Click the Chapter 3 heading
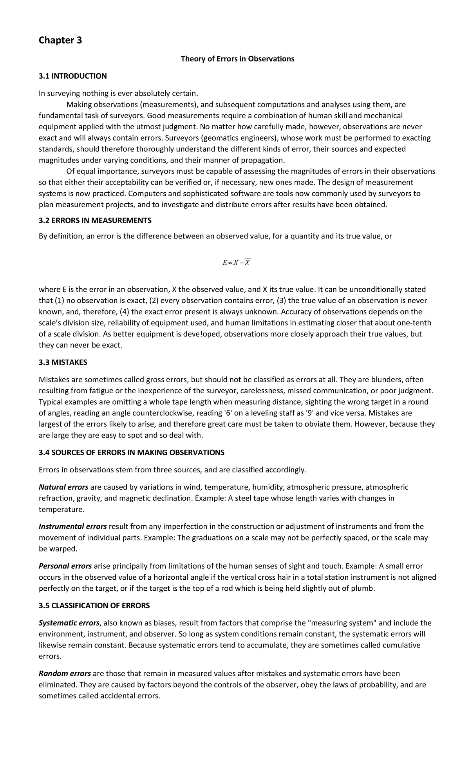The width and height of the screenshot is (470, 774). coord(60,40)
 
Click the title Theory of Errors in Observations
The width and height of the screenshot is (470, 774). coord(237,59)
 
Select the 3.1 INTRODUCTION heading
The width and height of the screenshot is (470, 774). coord(72,76)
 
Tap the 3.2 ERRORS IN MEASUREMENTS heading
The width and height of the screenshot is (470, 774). coord(95,221)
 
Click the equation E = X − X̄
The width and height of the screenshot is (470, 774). coord(236,263)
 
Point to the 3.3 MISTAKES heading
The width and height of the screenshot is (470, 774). coord(63,362)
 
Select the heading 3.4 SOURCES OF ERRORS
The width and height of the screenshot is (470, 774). coord(131,452)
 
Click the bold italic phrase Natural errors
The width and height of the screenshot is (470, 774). coord(63,487)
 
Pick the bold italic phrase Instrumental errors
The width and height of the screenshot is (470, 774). coord(72,526)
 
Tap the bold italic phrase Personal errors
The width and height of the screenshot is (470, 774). coord(65,566)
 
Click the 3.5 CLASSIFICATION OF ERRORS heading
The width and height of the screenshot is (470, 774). coord(94,606)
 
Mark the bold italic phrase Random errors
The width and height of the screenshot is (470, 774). coord(65,673)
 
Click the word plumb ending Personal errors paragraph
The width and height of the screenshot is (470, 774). coord(364,588)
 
